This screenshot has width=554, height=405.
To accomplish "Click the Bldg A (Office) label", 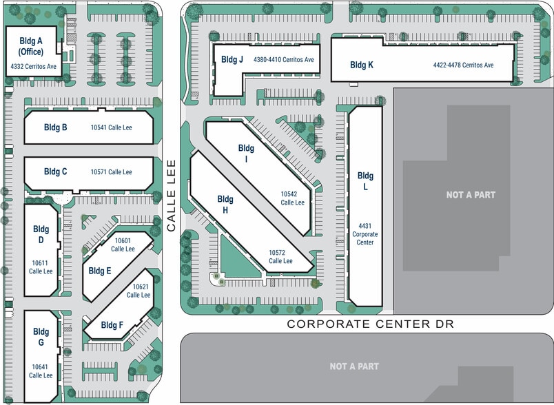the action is [31, 46].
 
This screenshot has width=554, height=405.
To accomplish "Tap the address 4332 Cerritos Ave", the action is [34, 66].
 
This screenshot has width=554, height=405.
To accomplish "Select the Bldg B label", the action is [56, 127].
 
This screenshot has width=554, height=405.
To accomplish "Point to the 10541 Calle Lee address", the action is [112, 127].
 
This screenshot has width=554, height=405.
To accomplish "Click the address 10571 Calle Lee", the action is [112, 172].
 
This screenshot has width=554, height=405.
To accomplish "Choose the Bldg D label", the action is [41, 234].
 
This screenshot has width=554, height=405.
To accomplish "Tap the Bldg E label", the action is [100, 271].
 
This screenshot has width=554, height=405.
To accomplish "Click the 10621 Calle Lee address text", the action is [140, 291].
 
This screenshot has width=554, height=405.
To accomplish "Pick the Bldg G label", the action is [41, 337].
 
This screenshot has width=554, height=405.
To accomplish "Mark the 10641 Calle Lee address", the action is [41, 371].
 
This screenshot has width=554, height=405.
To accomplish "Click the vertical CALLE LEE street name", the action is [172, 196].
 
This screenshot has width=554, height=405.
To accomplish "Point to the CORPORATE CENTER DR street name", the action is [370, 324].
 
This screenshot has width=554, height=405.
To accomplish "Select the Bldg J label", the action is [232, 59].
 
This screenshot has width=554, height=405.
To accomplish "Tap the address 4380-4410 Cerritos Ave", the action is [284, 60].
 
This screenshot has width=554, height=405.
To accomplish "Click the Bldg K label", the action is [362, 65].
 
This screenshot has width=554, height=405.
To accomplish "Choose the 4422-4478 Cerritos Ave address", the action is [464, 65].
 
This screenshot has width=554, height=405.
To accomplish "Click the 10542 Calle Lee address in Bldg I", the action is [293, 198].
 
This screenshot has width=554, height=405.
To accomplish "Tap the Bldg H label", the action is [225, 205].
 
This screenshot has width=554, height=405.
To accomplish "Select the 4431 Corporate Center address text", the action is [365, 234].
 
